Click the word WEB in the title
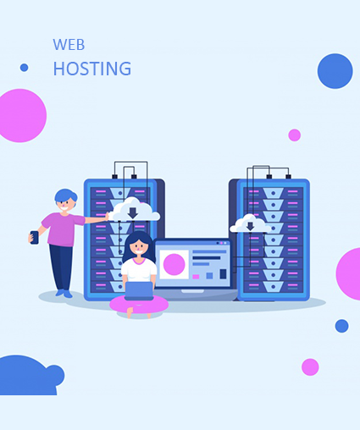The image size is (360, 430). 69,45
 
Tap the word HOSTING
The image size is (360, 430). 92,69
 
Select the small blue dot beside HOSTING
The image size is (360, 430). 25,68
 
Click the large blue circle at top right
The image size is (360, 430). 335,71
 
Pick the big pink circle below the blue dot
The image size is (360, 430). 21,116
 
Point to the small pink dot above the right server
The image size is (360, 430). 294,135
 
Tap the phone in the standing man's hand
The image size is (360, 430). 35,237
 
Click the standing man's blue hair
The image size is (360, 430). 65,196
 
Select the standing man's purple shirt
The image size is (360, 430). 63,229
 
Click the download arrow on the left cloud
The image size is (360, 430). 133,213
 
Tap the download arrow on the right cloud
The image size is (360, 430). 250,226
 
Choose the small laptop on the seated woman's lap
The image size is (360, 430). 139,291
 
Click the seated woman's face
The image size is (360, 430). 139,248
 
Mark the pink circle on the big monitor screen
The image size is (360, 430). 174,264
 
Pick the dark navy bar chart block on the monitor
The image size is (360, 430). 223,273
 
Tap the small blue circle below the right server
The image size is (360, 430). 341,326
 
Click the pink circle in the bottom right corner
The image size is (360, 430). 310,367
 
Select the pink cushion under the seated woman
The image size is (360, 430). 139,305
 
